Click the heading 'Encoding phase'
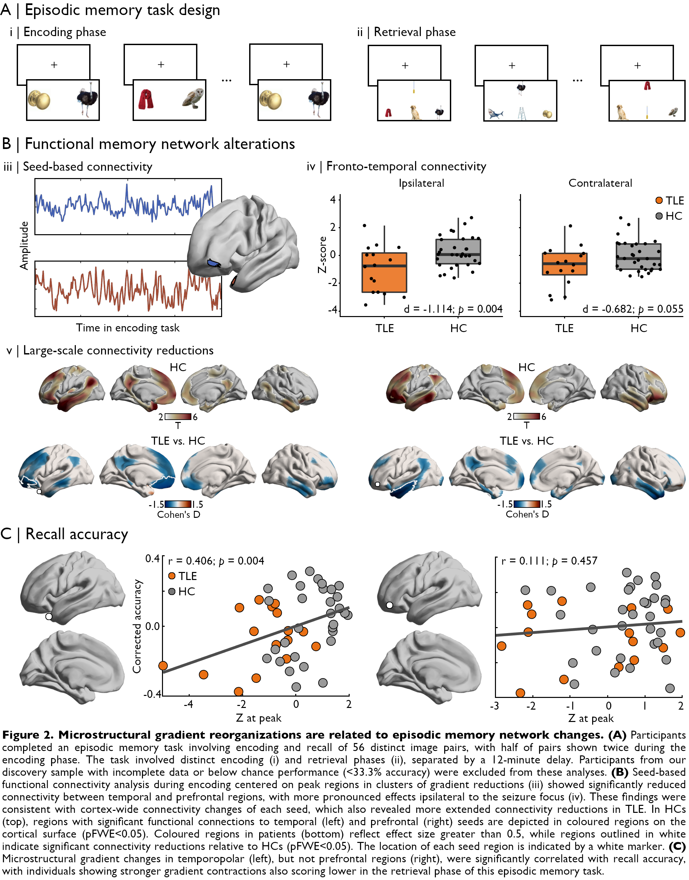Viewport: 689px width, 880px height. click(x=64, y=32)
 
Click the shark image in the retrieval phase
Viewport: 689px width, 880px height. click(x=495, y=114)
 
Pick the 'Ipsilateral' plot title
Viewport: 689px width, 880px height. click(x=421, y=183)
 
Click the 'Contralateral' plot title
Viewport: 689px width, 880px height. click(x=600, y=183)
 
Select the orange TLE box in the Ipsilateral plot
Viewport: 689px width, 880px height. click(x=384, y=272)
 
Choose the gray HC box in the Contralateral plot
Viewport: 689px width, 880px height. click(x=638, y=256)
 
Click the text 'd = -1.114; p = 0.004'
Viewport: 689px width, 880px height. click(x=453, y=309)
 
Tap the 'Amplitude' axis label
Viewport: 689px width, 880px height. click(x=24, y=245)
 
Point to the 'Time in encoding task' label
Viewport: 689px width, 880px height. click(x=128, y=328)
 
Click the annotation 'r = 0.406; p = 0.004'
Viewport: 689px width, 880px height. click(x=216, y=561)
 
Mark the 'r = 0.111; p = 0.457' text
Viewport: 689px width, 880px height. click(x=549, y=561)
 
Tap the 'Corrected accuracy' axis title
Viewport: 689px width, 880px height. click(x=138, y=626)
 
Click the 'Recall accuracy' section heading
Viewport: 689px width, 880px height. click(x=76, y=534)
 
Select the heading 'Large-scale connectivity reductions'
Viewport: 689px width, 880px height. click(x=118, y=350)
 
